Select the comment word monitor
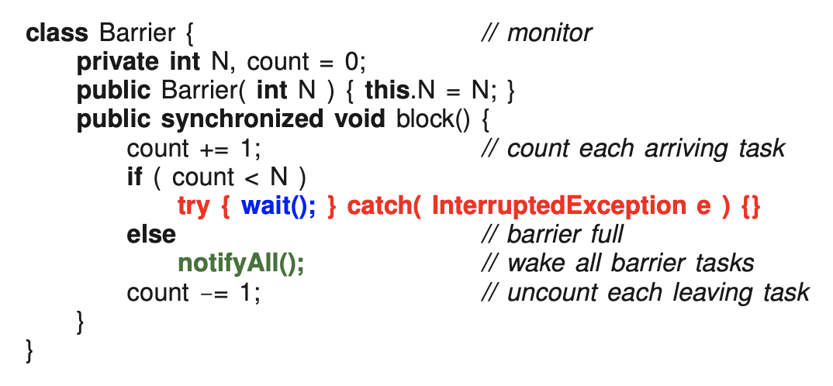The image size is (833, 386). (x=549, y=34)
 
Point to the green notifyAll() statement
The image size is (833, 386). (x=241, y=263)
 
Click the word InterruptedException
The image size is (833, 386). (x=554, y=205)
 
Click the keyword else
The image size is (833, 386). (x=151, y=234)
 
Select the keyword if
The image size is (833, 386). (x=135, y=177)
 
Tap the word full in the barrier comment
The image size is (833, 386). (x=604, y=234)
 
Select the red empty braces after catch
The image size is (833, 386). (x=751, y=205)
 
